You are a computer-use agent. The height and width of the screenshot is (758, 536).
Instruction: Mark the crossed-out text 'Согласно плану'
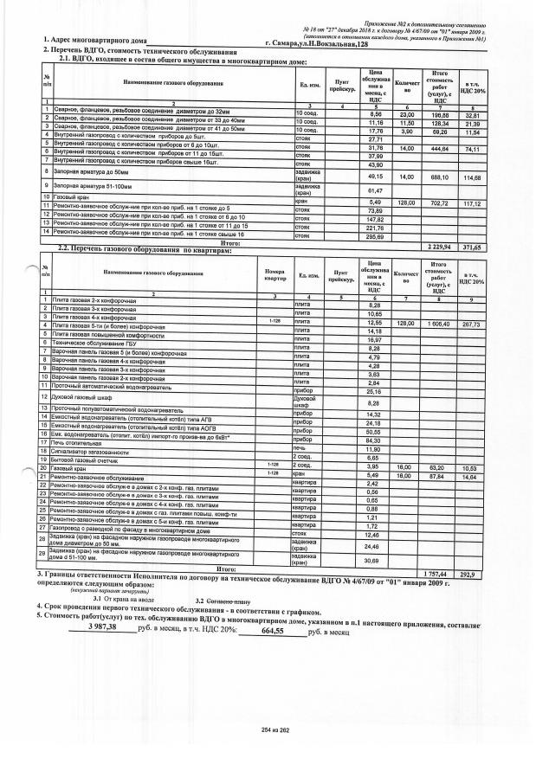[x=228, y=600]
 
